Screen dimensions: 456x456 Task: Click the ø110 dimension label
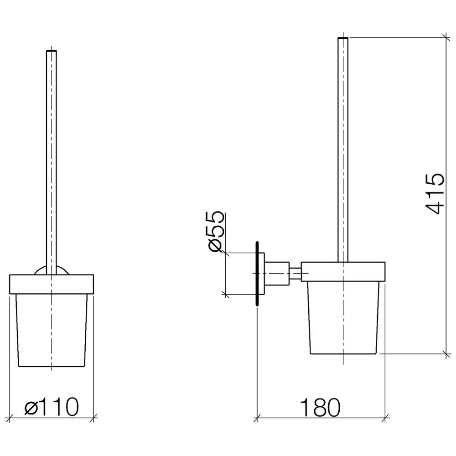point(52,407)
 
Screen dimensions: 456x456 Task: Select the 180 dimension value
point(320,407)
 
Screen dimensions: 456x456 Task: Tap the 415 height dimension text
point(435,194)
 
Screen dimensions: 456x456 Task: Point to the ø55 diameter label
point(216,232)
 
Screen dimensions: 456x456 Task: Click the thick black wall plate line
point(257,274)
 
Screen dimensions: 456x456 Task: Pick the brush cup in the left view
point(52,330)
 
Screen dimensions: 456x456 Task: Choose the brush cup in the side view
point(343,318)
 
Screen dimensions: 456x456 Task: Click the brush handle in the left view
point(52,162)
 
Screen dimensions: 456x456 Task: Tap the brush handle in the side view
point(343,150)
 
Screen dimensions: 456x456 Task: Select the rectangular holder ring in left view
point(52,284)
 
